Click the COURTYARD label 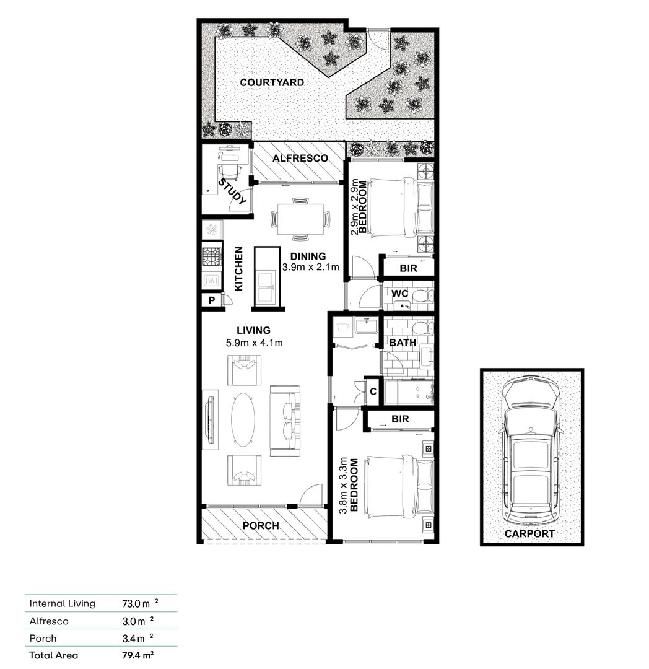tap(271, 82)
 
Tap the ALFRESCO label tap(300, 159)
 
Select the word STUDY tap(234, 192)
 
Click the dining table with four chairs tap(300, 219)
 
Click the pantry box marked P tap(211, 300)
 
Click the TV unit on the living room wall tap(211, 419)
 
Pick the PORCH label tap(260, 526)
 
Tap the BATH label tap(402, 342)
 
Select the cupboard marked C tap(373, 391)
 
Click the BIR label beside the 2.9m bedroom tap(408, 269)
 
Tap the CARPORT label tap(529, 533)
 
